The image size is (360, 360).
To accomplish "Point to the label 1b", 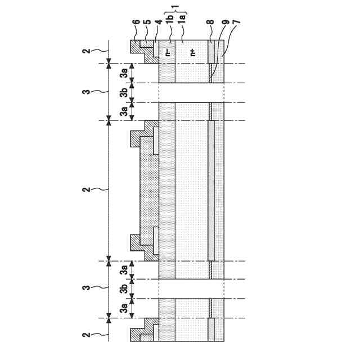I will click(x=170, y=25).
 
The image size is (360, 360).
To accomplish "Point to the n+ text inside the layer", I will click(x=192, y=52).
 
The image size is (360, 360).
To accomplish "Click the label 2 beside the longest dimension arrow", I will click(x=85, y=190).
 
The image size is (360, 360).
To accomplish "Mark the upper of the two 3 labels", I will click(x=85, y=92).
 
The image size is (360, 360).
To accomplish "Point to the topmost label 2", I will click(x=85, y=51).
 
